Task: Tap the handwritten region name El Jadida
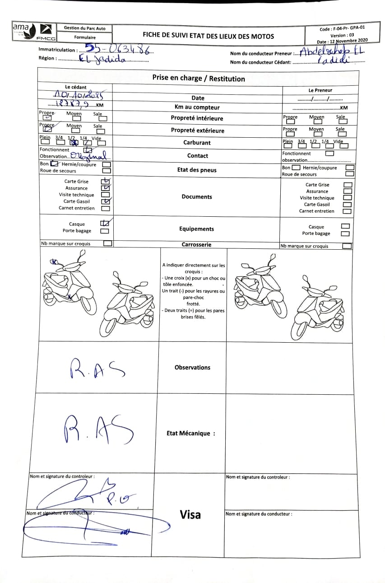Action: tap(102, 59)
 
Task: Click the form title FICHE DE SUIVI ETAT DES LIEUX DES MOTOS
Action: tap(208, 36)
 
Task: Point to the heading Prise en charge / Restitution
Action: tap(199, 79)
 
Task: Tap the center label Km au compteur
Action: tap(197, 107)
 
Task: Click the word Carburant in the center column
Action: tap(197, 143)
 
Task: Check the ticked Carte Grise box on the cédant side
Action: tap(106, 182)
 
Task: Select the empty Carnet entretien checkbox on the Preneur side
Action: tap(347, 211)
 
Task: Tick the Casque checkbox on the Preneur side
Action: tap(345, 226)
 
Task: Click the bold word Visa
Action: tap(190, 514)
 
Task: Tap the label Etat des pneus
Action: tap(197, 170)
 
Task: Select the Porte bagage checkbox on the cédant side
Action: tap(104, 231)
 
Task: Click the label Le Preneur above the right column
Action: tap(320, 90)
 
